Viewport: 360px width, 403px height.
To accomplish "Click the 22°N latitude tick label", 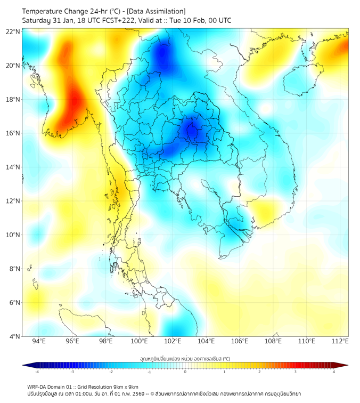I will point(13,31).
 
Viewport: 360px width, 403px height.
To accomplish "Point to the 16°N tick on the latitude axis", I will point(13,133).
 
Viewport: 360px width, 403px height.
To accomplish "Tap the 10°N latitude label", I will point(13,235).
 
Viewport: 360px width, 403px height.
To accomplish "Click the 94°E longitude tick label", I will point(39,341).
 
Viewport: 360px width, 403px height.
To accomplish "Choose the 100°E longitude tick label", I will point(140,341).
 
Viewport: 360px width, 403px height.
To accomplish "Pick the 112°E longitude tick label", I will point(340,341).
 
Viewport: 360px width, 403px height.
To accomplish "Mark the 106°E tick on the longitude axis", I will point(240,341).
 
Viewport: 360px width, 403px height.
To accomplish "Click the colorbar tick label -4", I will point(37,372).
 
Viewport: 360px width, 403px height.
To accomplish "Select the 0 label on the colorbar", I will point(185,372).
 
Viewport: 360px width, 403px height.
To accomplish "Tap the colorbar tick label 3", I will point(295,372).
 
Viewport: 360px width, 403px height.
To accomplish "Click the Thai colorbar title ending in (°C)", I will point(185,359).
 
